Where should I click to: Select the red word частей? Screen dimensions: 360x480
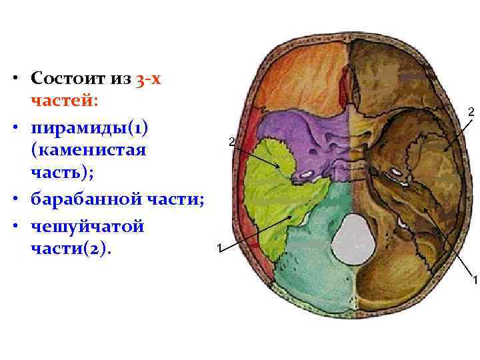tap(64, 101)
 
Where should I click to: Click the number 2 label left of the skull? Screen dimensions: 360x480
tap(231, 142)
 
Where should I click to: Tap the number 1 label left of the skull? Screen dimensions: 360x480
tap(219, 249)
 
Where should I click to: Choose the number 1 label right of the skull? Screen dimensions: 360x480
tap(475, 279)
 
